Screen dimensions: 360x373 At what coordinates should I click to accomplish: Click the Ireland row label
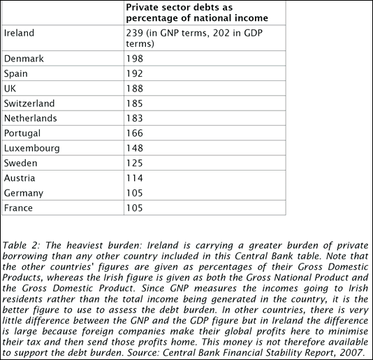19,32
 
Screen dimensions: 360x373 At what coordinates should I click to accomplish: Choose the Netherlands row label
30,118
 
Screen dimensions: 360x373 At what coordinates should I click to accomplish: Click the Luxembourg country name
31,148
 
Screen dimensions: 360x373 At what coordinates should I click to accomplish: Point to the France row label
19,208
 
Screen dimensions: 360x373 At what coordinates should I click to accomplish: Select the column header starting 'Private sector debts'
197,12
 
